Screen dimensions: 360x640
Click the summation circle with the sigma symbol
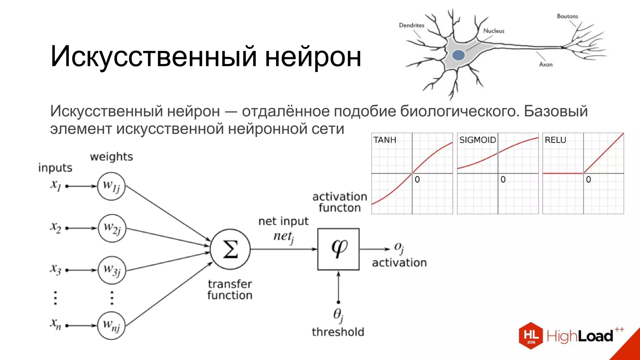[x=230, y=249]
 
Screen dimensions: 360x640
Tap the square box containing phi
[x=338, y=249]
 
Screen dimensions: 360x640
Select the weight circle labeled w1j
[x=111, y=186]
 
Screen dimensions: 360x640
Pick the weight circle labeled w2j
[x=112, y=228]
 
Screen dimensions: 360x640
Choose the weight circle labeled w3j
[x=112, y=270]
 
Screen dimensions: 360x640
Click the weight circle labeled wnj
[x=111, y=325]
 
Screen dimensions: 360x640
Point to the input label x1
[x=56, y=185]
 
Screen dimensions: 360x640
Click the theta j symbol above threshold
[x=338, y=314]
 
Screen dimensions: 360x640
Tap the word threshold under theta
[x=338, y=332]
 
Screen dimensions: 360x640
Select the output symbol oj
[x=399, y=247]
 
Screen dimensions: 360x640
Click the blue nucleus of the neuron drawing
[x=458, y=55]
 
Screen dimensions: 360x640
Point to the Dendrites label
[x=412, y=25]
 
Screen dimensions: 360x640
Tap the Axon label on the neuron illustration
[x=546, y=64]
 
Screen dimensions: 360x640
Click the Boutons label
[x=567, y=16]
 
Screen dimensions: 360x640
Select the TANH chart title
[x=385, y=140]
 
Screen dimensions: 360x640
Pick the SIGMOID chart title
[x=477, y=140]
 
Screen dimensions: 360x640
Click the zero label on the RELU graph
[x=588, y=179]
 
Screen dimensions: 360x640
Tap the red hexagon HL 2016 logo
[x=531, y=336]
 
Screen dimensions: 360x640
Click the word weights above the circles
[x=111, y=157]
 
